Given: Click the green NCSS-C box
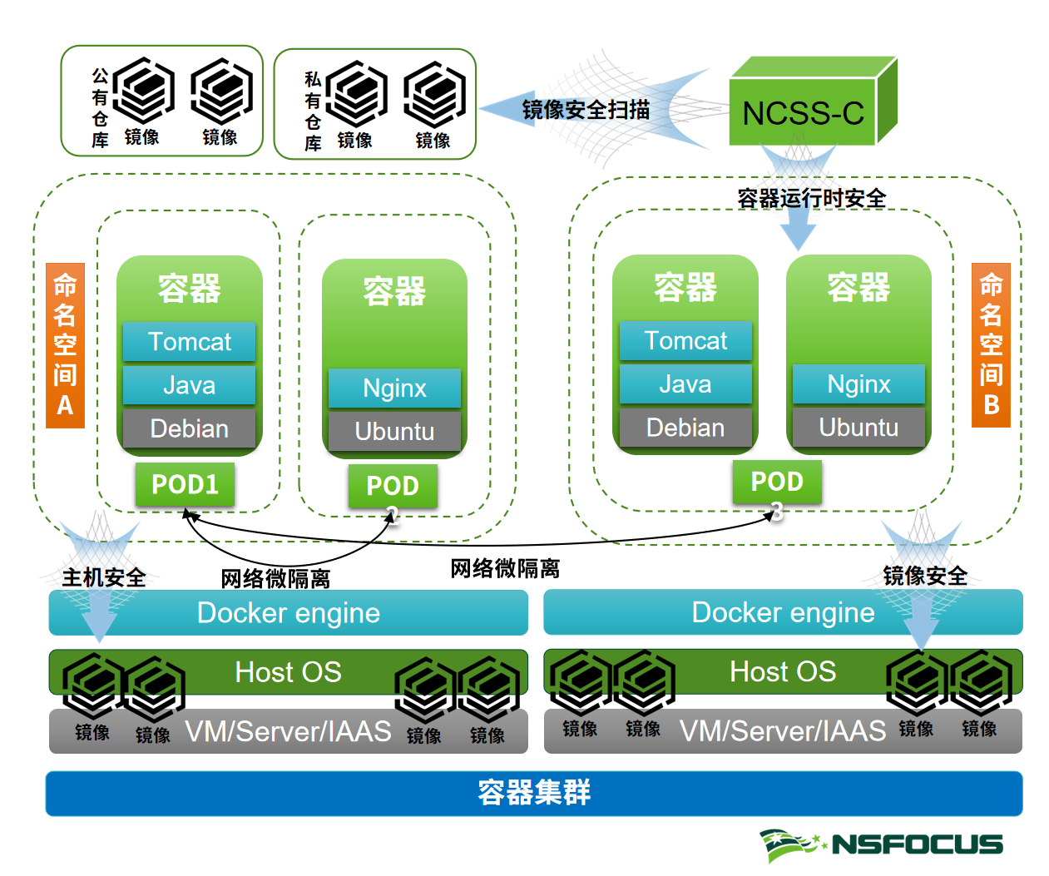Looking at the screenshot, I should (x=803, y=112).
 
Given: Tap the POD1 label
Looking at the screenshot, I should (x=185, y=484).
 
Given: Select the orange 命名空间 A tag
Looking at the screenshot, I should (x=65, y=345).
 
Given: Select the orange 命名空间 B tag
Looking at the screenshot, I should (x=991, y=344).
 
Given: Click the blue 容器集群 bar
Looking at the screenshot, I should (x=533, y=793).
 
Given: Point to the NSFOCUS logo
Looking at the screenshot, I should (x=881, y=844).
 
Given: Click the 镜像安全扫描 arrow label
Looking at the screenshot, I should (x=586, y=110).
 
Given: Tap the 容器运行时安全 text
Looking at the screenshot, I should (x=811, y=198).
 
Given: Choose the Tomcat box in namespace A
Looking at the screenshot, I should (x=189, y=342).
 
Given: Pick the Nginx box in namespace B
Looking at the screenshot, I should (x=858, y=384).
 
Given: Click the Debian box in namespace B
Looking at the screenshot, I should (x=685, y=428).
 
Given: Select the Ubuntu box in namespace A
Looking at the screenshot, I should (x=394, y=431).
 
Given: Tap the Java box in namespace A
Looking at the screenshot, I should (x=189, y=385).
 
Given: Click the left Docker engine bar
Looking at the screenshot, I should (x=288, y=613).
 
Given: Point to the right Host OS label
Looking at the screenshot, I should (x=782, y=671).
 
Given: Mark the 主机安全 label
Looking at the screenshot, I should (x=104, y=577).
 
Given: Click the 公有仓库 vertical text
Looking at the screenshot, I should (x=100, y=108).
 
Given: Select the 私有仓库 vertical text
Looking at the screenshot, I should (x=313, y=111).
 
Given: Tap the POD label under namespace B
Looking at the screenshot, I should (x=777, y=482).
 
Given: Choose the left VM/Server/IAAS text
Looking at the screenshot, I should (x=288, y=731).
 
